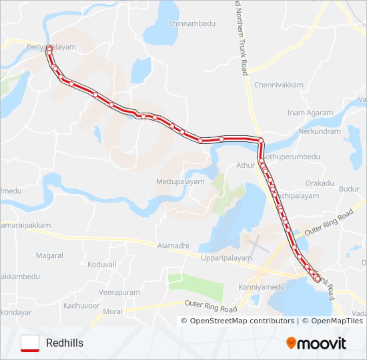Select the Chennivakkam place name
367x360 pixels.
[279, 85]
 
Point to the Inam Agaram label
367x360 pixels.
[310, 113]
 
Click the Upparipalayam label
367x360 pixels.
[227, 257]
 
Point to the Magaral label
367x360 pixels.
[49, 255]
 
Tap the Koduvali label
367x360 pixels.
[101, 264]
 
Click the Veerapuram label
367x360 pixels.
[119, 292]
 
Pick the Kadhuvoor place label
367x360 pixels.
[81, 305]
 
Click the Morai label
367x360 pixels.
[113, 311]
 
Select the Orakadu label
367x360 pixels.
[320, 182]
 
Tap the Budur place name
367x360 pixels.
[348, 189]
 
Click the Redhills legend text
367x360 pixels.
[65, 343]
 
